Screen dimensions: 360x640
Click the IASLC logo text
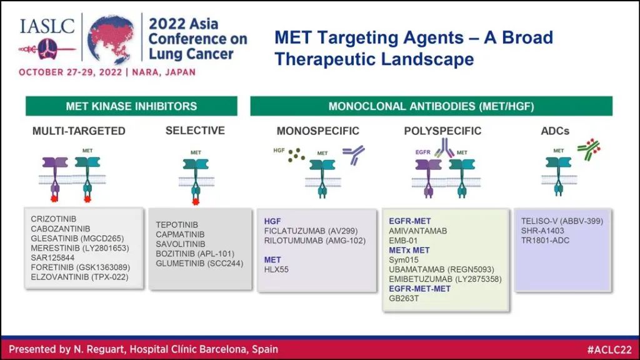pos(47,26)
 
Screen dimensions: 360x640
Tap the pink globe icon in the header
pos(111,39)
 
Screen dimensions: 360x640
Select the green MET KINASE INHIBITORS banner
pos(131,106)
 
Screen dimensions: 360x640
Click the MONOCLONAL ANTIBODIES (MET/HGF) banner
pos(431,106)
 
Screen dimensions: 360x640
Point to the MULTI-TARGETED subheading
pos(79,131)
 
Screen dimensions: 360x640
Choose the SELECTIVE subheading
pos(195,131)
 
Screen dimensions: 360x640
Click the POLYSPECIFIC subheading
pos(442,131)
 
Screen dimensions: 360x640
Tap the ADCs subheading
pos(555,131)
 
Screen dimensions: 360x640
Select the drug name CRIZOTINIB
pos(54,219)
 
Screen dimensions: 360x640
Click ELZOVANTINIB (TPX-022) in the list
pos(79,277)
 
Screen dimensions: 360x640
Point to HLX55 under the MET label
pos(276,269)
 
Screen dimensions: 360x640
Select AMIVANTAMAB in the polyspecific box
pos(418,231)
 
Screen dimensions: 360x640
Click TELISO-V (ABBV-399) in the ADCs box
pos(562,221)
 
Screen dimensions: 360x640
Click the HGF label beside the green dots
pos(279,151)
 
